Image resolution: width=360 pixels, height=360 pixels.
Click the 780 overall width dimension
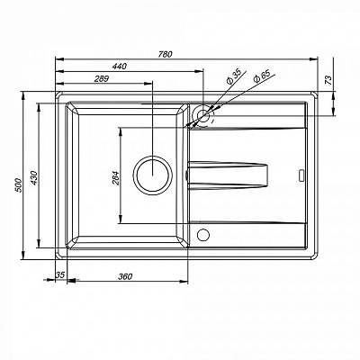pyautogui.click(x=166, y=54)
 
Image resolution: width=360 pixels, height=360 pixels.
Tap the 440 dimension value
pyautogui.click(x=120, y=67)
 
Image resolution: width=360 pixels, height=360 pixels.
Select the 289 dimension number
pyautogui.click(x=102, y=79)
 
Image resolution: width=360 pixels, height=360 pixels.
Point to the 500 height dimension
pyautogui.click(x=18, y=185)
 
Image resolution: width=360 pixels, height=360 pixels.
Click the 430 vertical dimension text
pyautogui.click(x=33, y=177)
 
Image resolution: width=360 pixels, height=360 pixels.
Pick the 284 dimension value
pyautogui.click(x=116, y=178)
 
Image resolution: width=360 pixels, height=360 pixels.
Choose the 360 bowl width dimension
pyautogui.click(x=125, y=276)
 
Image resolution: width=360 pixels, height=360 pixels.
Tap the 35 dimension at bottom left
pyautogui.click(x=60, y=274)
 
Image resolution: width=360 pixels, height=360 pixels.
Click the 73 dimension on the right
pyautogui.click(x=329, y=80)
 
